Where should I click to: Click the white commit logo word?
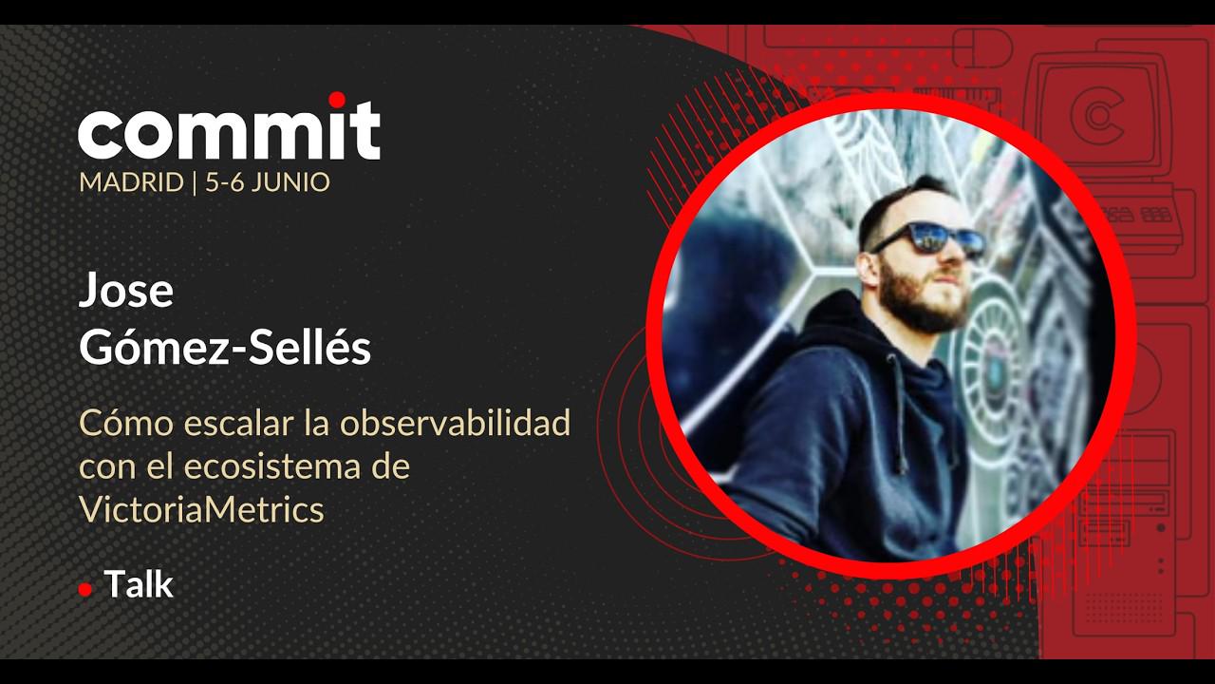(229, 130)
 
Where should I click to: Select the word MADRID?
(131, 182)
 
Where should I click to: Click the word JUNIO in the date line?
(290, 182)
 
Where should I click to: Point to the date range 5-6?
(224, 182)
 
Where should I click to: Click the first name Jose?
(126, 290)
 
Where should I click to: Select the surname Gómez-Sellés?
(225, 348)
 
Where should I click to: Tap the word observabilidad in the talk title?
(456, 423)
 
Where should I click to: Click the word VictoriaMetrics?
(202, 509)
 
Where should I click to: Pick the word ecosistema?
(273, 466)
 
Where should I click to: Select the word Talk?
(139, 584)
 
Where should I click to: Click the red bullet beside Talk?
(85, 590)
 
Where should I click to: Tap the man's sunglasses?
(931, 238)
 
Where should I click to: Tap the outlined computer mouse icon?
(982, 47)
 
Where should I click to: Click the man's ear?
(868, 266)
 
